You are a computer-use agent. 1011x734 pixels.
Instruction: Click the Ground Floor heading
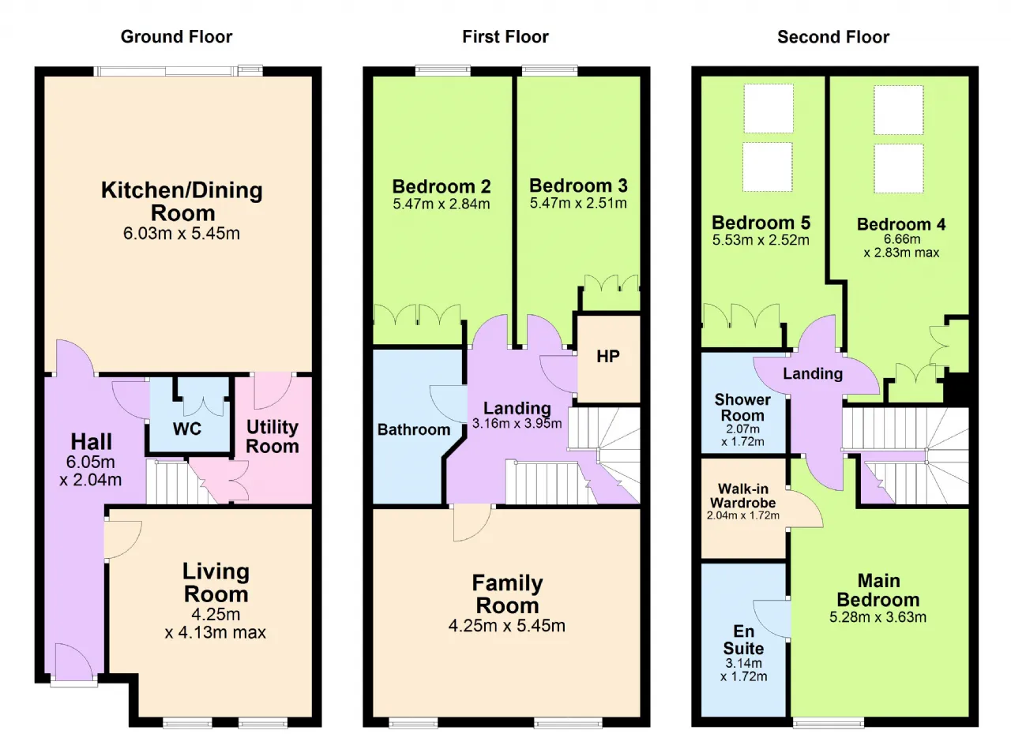(176, 37)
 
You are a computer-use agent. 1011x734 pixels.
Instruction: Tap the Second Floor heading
(833, 37)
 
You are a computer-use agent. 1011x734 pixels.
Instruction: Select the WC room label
(187, 429)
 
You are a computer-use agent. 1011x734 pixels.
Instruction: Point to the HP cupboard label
(608, 357)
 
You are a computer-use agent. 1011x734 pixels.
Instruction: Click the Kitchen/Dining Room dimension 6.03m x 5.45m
(182, 234)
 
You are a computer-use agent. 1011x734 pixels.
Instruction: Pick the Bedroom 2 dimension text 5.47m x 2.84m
(442, 204)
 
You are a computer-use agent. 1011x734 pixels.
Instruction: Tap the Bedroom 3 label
(578, 185)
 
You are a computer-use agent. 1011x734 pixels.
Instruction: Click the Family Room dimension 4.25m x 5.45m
(507, 626)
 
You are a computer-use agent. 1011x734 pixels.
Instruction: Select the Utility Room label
(272, 436)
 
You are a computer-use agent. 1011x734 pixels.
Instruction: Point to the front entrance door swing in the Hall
(74, 661)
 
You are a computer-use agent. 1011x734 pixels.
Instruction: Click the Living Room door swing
(123, 540)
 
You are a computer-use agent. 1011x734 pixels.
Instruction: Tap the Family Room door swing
(472, 523)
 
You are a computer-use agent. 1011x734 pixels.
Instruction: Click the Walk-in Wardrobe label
(743, 496)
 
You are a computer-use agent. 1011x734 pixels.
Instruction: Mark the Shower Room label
(742, 407)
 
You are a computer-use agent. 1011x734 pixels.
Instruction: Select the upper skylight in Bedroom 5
(769, 108)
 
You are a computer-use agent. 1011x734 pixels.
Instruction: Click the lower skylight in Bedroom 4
(899, 168)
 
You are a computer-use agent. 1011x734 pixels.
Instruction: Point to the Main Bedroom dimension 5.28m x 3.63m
(878, 617)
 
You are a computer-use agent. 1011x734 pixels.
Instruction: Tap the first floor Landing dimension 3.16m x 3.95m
(517, 424)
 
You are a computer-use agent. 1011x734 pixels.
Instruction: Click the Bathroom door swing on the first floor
(447, 404)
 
